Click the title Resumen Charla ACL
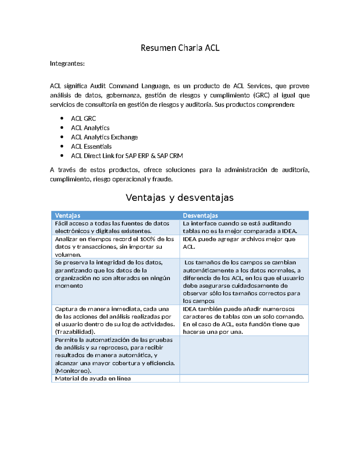[180, 48]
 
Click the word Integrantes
[67, 64]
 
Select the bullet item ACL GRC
[83, 119]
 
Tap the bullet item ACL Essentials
[91, 146]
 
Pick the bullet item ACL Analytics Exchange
[104, 137]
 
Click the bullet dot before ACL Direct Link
[62, 155]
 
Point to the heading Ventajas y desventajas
[179, 197]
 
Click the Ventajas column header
[67, 215]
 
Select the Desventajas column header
[200, 215]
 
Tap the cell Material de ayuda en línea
[93, 378]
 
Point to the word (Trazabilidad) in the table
[75, 332]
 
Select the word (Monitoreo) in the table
[73, 371]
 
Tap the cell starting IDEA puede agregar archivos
[239, 243]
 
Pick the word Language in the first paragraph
[155, 86]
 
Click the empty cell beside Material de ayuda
[244, 378]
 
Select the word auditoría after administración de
[295, 170]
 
